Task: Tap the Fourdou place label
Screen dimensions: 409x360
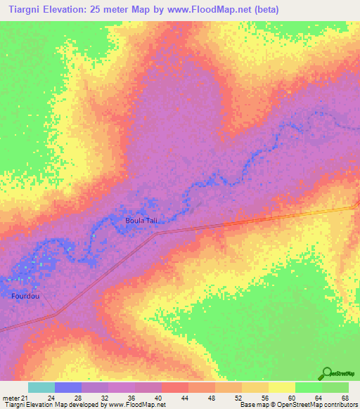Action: click(25, 296)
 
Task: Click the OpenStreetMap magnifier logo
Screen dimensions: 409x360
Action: click(327, 373)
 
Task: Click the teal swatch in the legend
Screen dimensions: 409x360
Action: click(41, 387)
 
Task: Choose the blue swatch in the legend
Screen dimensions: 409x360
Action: click(68, 387)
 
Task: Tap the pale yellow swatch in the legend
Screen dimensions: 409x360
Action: click(282, 387)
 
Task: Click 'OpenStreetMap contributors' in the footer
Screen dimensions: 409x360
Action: click(316, 405)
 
